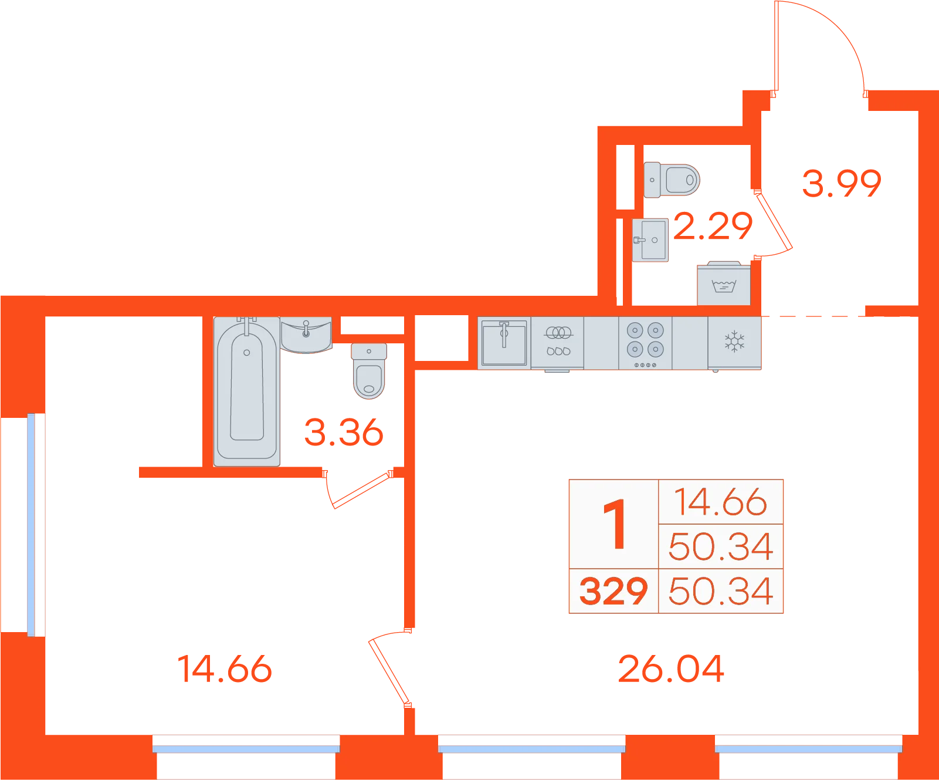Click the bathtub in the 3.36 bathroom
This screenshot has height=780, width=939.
click(246, 391)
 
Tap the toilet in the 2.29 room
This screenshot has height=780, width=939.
click(672, 180)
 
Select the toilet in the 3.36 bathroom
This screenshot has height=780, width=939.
click(369, 371)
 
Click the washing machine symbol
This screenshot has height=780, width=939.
click(724, 283)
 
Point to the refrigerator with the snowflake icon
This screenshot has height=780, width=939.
click(734, 343)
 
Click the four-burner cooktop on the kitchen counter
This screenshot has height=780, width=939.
click(645, 343)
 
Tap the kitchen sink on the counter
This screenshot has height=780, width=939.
click(504, 343)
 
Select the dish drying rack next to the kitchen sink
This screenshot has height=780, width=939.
click(557, 344)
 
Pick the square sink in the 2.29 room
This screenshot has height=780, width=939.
click(650, 240)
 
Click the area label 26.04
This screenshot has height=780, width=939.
click(671, 669)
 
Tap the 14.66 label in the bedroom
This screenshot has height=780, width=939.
click(225, 669)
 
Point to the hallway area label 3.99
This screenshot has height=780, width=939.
click(842, 183)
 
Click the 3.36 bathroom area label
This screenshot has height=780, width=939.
click(344, 432)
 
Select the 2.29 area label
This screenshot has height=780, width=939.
click(713, 226)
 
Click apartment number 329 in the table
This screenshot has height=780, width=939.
click(613, 591)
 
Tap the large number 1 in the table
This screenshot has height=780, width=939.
click(615, 524)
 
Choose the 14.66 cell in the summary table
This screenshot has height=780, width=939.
click(721, 502)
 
